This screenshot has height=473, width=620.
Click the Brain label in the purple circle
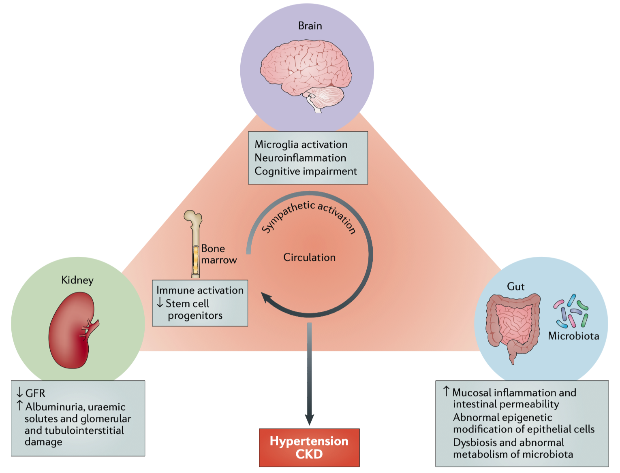pyautogui.click(x=310, y=26)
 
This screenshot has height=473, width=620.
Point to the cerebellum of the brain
pyautogui.click(x=328, y=96)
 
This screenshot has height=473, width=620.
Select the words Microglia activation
pyautogui.click(x=301, y=145)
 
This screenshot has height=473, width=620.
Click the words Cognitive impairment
pyautogui.click(x=306, y=171)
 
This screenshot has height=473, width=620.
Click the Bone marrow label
pyautogui.click(x=218, y=254)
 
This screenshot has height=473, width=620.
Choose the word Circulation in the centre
pyautogui.click(x=309, y=258)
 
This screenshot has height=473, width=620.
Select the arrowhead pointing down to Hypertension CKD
pyautogui.click(x=309, y=419)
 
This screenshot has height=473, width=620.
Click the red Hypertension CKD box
pyautogui.click(x=309, y=447)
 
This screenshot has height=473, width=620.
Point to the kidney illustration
pyautogui.click(x=73, y=330)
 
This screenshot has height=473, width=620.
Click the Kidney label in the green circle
pyautogui.click(x=77, y=280)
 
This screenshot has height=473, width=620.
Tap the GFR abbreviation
pyautogui.click(x=35, y=393)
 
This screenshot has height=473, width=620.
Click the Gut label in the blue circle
pyautogui.click(x=515, y=287)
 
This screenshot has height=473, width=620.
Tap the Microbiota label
pyautogui.click(x=573, y=336)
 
